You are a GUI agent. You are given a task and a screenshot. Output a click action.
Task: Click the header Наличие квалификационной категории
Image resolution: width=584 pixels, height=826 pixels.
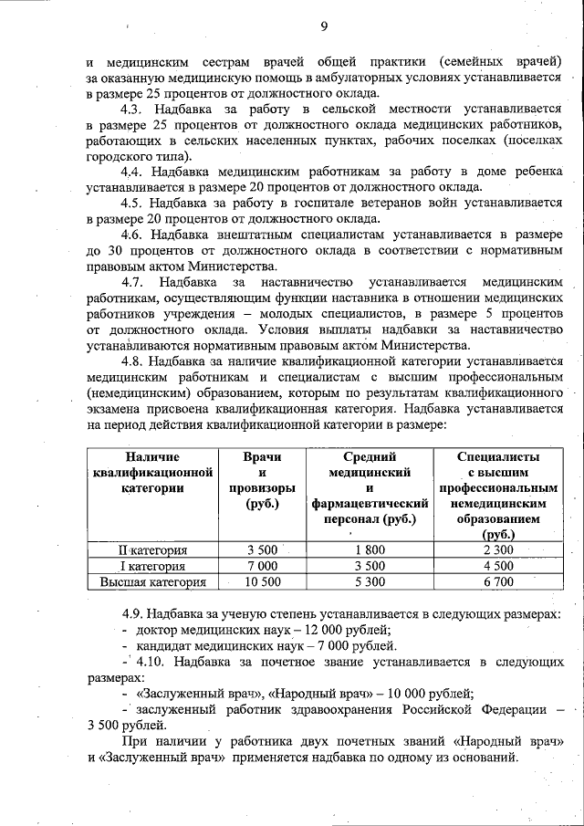(x=152, y=472)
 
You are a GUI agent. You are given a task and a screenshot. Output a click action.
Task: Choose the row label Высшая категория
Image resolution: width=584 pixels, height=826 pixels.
(x=152, y=580)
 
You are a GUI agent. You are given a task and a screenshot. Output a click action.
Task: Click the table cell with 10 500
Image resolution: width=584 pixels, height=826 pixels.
(x=263, y=580)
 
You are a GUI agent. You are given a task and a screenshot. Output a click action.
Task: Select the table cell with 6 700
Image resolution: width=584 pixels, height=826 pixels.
(x=497, y=580)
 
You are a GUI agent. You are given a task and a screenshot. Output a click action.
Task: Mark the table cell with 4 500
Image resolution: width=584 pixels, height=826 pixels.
(x=497, y=565)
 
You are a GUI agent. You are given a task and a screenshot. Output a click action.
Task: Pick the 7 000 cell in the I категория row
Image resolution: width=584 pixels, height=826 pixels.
(x=263, y=565)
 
